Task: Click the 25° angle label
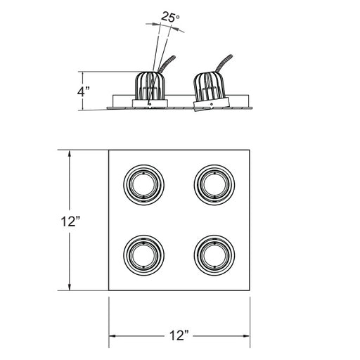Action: (170, 17)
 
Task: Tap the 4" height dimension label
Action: (84, 91)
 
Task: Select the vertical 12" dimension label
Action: (70, 221)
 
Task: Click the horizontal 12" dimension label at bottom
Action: (179, 335)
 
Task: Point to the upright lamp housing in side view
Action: (150, 89)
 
